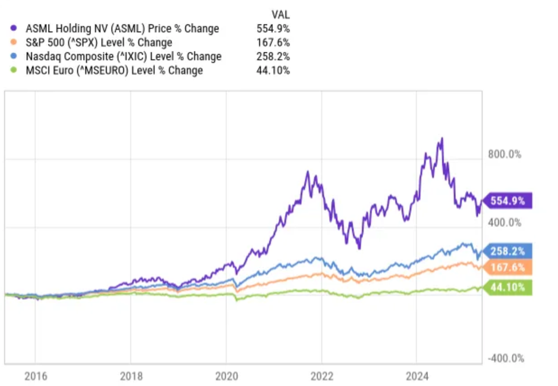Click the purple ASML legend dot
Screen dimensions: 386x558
pos(14,29)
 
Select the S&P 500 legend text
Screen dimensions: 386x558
pos(97,43)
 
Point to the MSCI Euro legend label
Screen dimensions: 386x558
pos(114,71)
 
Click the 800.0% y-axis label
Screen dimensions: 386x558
pos(505,154)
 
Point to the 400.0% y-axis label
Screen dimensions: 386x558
pos(505,223)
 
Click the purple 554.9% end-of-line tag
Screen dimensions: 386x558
pos(509,201)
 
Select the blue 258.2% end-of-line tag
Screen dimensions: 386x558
pos(509,251)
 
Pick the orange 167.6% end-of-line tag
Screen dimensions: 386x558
pos(509,268)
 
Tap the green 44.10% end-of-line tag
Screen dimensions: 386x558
pos(509,289)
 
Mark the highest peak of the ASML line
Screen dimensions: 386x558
pos(441,139)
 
